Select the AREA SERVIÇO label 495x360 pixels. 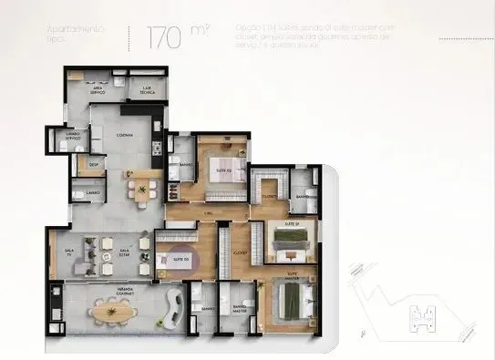coord(95,91)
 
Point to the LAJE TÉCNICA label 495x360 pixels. coord(145,91)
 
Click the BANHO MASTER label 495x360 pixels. coord(241,310)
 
